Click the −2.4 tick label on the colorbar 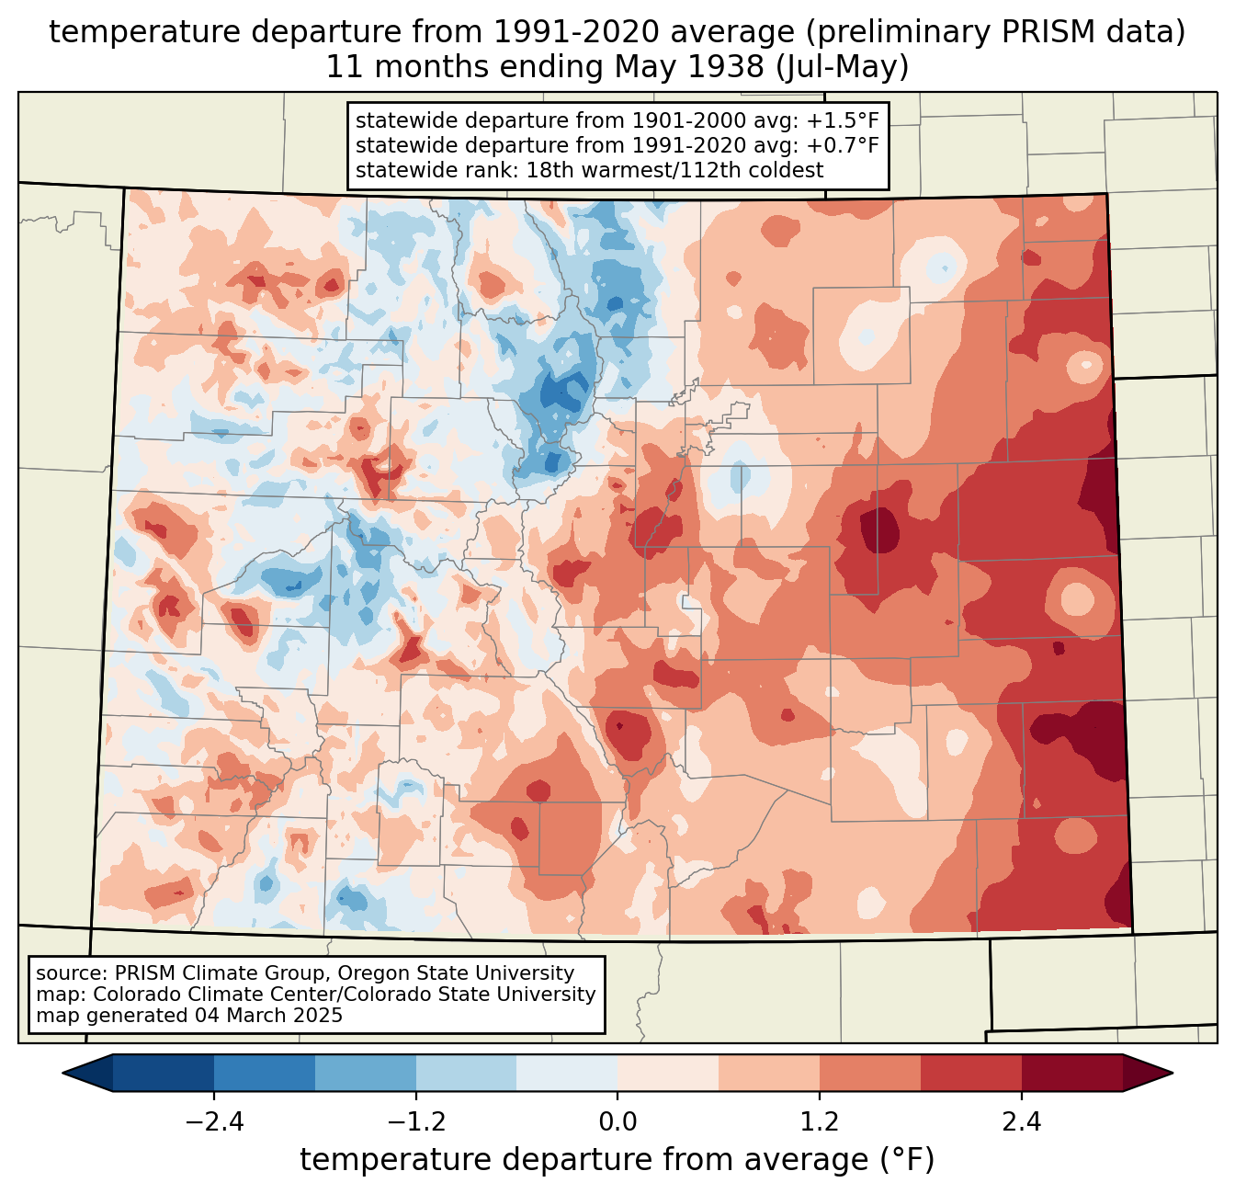click(214, 1121)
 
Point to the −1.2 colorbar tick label click(416, 1121)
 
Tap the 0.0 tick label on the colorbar click(617, 1121)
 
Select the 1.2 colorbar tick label click(820, 1121)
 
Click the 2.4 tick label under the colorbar click(1022, 1121)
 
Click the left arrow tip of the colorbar click(62, 1074)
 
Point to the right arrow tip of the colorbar click(1173, 1074)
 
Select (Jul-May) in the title click(842, 68)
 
